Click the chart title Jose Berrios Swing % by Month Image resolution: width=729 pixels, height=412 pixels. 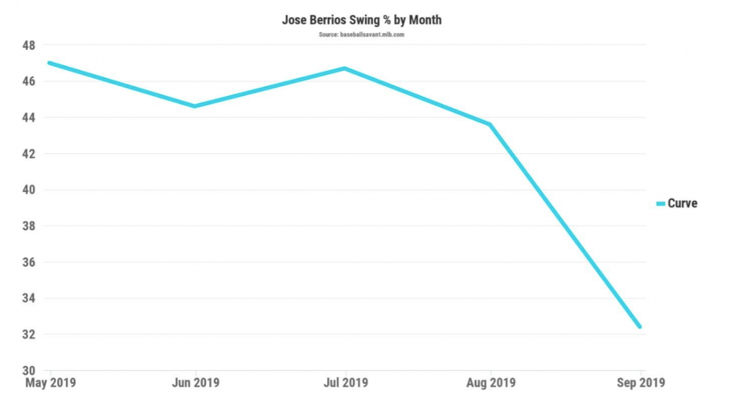pos(361,20)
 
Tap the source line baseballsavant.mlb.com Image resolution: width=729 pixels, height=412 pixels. pos(361,35)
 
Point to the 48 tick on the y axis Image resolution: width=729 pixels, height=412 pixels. pos(29,46)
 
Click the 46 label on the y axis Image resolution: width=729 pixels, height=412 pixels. pos(29,82)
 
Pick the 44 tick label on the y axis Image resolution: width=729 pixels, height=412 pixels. pos(29,117)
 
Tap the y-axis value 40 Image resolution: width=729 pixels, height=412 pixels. pos(29,190)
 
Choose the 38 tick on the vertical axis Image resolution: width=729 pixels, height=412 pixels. pos(29,226)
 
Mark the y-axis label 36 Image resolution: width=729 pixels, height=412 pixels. pos(29,262)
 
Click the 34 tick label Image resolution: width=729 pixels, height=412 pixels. pos(29,299)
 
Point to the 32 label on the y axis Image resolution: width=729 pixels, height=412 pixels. pos(29,335)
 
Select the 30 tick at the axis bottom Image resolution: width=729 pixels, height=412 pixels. pos(29,371)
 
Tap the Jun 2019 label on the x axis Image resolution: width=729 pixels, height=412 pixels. pos(195,383)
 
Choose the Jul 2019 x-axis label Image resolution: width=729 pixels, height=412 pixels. pos(346,383)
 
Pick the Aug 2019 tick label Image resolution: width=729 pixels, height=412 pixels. pos(490,383)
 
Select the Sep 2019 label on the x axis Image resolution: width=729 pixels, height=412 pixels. pos(640,383)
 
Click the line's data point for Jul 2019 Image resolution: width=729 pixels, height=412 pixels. pos(346,68)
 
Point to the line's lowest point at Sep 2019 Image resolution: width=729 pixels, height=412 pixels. pos(640,327)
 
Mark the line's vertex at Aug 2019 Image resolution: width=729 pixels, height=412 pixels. pos(490,124)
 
